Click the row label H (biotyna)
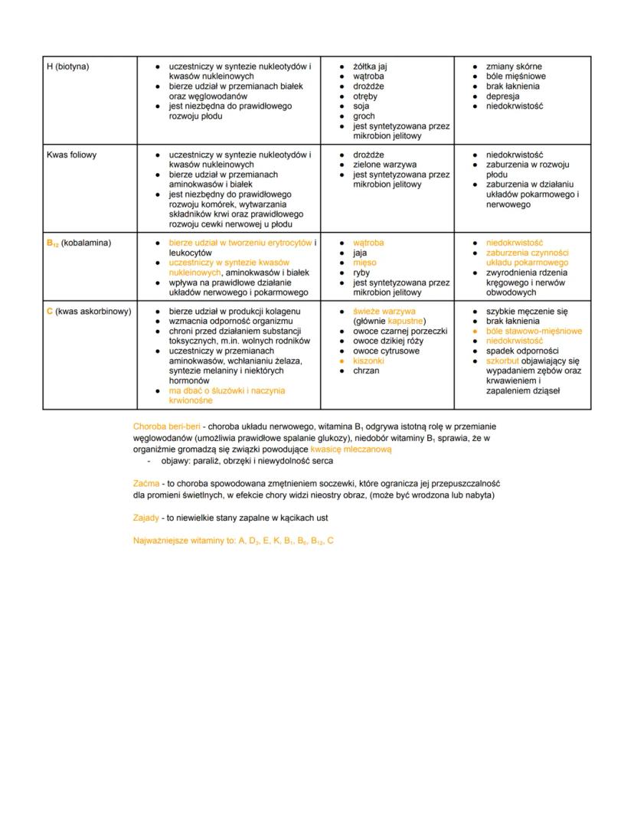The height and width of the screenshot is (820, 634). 68,67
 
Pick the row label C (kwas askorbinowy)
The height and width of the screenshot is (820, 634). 88,312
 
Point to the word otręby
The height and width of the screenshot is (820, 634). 365,96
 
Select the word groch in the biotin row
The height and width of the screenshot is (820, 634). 364,116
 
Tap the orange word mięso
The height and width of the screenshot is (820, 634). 364,263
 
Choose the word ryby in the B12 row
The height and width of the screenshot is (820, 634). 361,273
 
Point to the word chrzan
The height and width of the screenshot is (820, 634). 366,371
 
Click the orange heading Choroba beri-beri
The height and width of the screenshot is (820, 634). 166,426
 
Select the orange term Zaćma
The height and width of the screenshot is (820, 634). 145,483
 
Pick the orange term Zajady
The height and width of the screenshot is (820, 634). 146,518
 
